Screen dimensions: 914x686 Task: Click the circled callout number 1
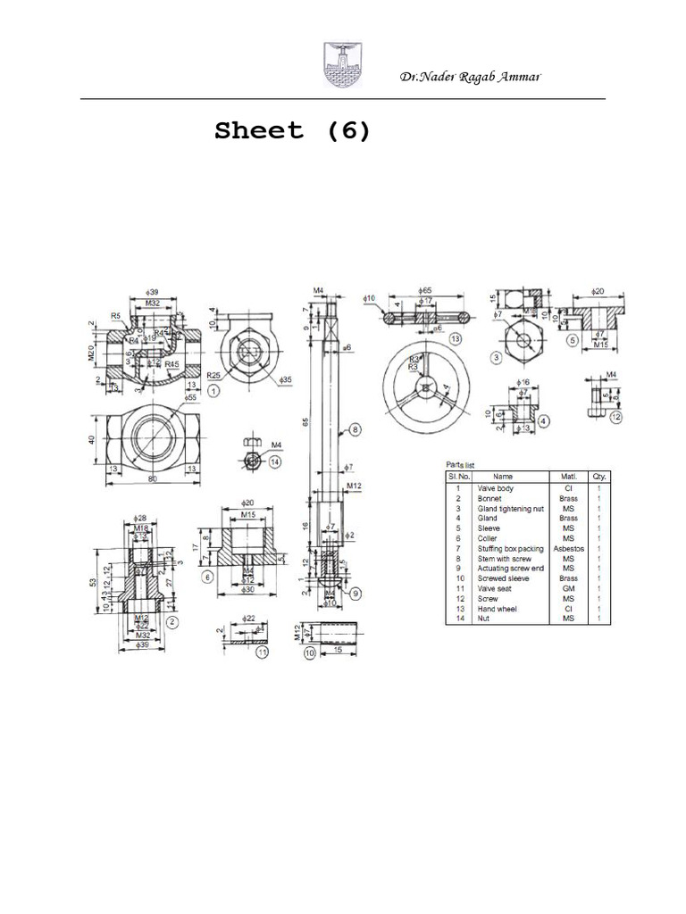(x=213, y=390)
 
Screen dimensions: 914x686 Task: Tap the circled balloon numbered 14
(x=274, y=461)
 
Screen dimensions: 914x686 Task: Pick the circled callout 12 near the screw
(x=617, y=416)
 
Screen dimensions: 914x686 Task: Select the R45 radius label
(x=171, y=364)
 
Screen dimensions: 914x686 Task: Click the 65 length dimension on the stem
(x=304, y=420)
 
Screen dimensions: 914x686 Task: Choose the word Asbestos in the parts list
(x=568, y=548)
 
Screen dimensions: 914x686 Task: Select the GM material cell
(x=568, y=589)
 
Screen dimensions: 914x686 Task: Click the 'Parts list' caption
(x=464, y=465)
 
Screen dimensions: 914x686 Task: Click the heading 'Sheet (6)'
(x=292, y=131)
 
